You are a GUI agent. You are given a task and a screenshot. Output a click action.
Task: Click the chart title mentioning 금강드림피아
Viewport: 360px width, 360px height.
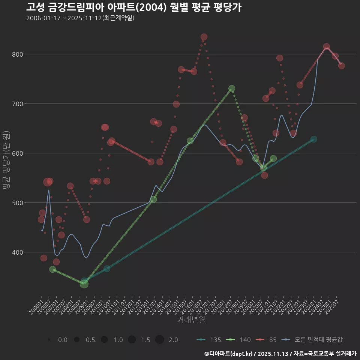tap(133, 7)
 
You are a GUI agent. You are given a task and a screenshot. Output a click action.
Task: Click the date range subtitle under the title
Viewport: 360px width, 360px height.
tap(80, 18)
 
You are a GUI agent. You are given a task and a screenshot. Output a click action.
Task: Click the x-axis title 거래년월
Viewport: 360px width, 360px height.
tap(191, 320)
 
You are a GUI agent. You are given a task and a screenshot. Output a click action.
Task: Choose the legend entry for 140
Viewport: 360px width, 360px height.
tap(238, 340)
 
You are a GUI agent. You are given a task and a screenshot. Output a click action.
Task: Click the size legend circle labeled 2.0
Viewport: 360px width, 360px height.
tap(159, 340)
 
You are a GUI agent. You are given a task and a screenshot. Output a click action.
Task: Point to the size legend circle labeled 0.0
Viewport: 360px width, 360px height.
tap(49, 340)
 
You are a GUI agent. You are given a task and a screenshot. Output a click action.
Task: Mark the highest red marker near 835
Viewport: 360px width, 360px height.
tap(204, 37)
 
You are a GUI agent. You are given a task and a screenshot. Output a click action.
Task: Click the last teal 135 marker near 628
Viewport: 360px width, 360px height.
tap(313, 139)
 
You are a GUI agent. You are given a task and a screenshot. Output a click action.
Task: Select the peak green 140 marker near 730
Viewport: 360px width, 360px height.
tap(232, 89)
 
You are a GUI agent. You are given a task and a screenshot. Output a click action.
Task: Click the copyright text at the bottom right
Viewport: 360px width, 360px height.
tap(280, 353)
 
